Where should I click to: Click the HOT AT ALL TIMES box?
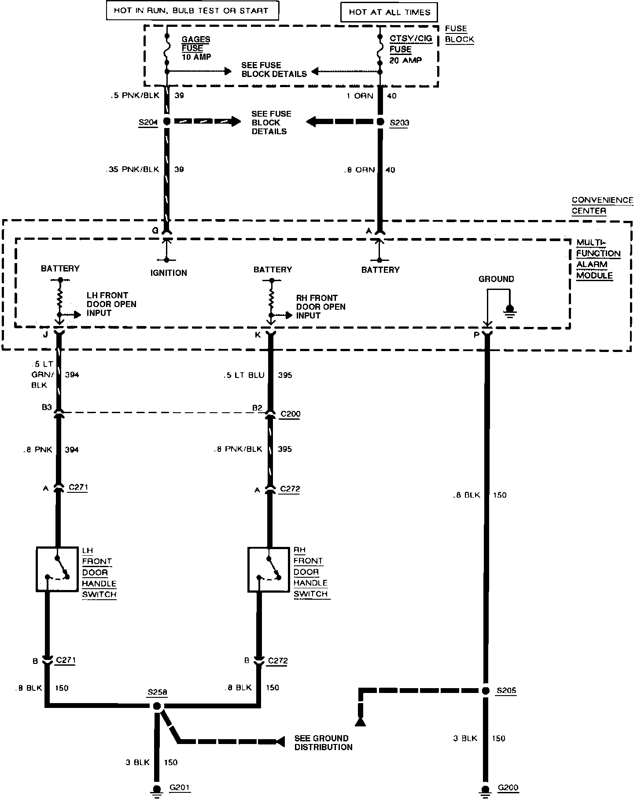point(389,12)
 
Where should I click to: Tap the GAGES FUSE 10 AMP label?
point(196,48)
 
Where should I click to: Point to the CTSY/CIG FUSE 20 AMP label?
point(411,49)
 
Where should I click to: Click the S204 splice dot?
point(167,121)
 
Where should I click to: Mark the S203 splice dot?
point(380,121)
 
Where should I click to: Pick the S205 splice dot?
point(486,691)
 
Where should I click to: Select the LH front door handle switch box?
point(57,569)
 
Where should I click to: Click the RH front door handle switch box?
point(269,569)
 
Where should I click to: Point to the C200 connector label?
point(290,414)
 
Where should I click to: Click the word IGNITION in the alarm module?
point(169,273)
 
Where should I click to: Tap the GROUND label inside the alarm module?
point(496,279)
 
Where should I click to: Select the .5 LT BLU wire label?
point(243,375)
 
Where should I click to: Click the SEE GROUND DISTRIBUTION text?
point(324,743)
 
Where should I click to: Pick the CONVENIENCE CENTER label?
point(602,205)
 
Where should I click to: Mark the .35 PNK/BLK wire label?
point(132,169)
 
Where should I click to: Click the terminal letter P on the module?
point(476,335)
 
